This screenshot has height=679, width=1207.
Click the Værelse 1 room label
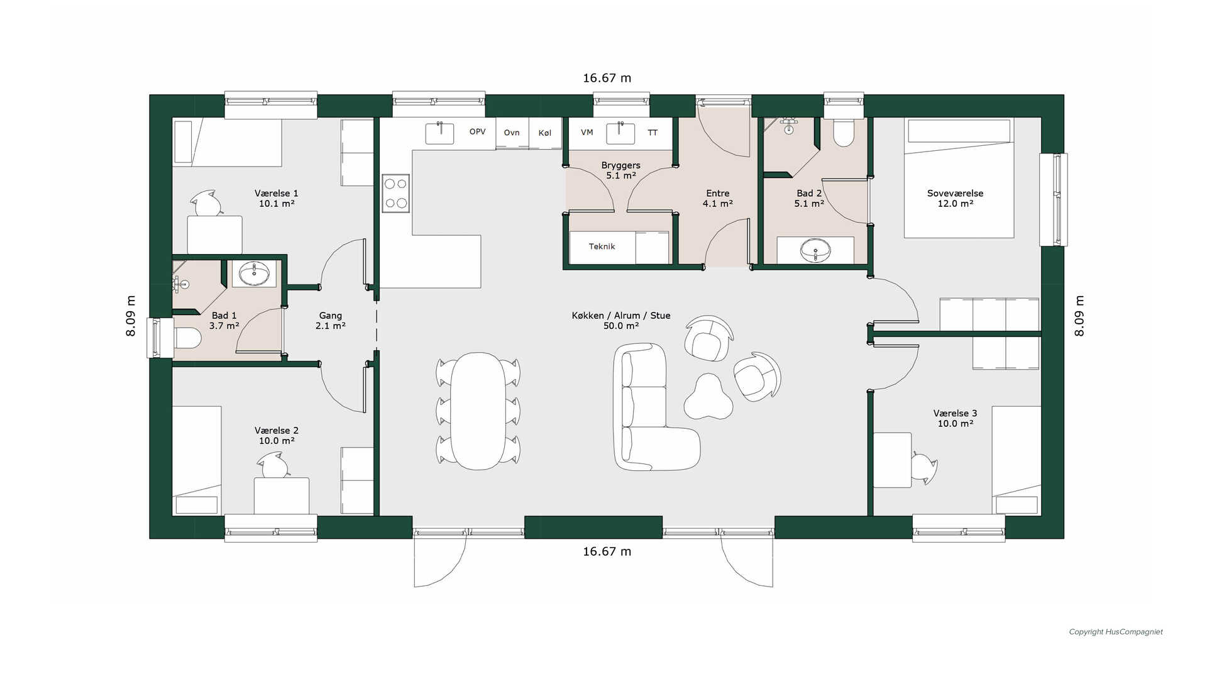(276, 198)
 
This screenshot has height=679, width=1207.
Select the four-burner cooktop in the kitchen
(396, 194)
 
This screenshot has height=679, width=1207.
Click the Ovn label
(512, 133)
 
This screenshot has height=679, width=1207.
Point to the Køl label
(545, 133)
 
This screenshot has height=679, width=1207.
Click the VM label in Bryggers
(587, 133)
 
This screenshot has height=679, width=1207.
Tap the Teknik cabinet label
(602, 246)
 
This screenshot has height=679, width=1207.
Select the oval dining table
(478, 411)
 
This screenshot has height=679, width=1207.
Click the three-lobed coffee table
(708, 397)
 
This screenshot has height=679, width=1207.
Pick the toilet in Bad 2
(843, 133)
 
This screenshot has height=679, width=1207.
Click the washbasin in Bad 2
(815, 250)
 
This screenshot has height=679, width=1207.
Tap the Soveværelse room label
(955, 198)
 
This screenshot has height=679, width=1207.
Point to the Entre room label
(717, 198)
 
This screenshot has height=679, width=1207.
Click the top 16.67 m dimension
(607, 78)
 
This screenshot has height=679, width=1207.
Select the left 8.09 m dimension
(131, 316)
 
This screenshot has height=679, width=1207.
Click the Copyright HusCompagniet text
(1116, 632)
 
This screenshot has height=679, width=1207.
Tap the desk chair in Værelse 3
(923, 468)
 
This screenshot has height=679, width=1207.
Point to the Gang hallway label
(330, 321)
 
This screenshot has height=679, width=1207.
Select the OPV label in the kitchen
(478, 131)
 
